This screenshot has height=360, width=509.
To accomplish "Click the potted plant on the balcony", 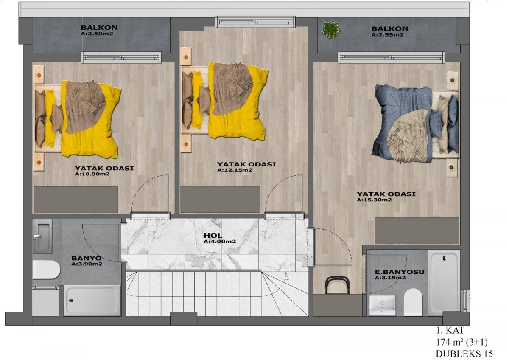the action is [331, 30].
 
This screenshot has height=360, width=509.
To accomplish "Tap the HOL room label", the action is [213, 236].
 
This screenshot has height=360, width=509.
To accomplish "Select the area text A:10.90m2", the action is [92, 174].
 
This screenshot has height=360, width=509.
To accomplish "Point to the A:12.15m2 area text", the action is [235, 170].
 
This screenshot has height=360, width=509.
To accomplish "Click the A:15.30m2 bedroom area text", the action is [374, 200].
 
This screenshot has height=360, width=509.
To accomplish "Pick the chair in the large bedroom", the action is [338, 285].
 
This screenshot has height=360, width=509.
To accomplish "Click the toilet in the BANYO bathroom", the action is [46, 270].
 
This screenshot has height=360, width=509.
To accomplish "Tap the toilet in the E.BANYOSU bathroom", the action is [413, 302].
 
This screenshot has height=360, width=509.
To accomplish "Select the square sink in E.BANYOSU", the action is [383, 305].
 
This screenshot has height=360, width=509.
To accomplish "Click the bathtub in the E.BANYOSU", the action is [444, 283].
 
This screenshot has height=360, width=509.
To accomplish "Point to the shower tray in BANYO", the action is [92, 301].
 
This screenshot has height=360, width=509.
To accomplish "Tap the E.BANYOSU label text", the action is [400, 272].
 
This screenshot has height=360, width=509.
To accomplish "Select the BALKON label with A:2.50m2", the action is [99, 28].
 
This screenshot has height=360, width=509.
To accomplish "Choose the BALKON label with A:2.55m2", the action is [390, 28].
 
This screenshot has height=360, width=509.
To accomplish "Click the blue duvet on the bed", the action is [402, 124].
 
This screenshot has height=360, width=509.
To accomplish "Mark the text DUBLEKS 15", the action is [464, 354].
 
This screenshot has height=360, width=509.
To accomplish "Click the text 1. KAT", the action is [450, 330].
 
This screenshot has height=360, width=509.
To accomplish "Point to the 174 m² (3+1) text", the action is [462, 342].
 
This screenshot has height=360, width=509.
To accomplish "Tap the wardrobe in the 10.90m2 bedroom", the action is [76, 200].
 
